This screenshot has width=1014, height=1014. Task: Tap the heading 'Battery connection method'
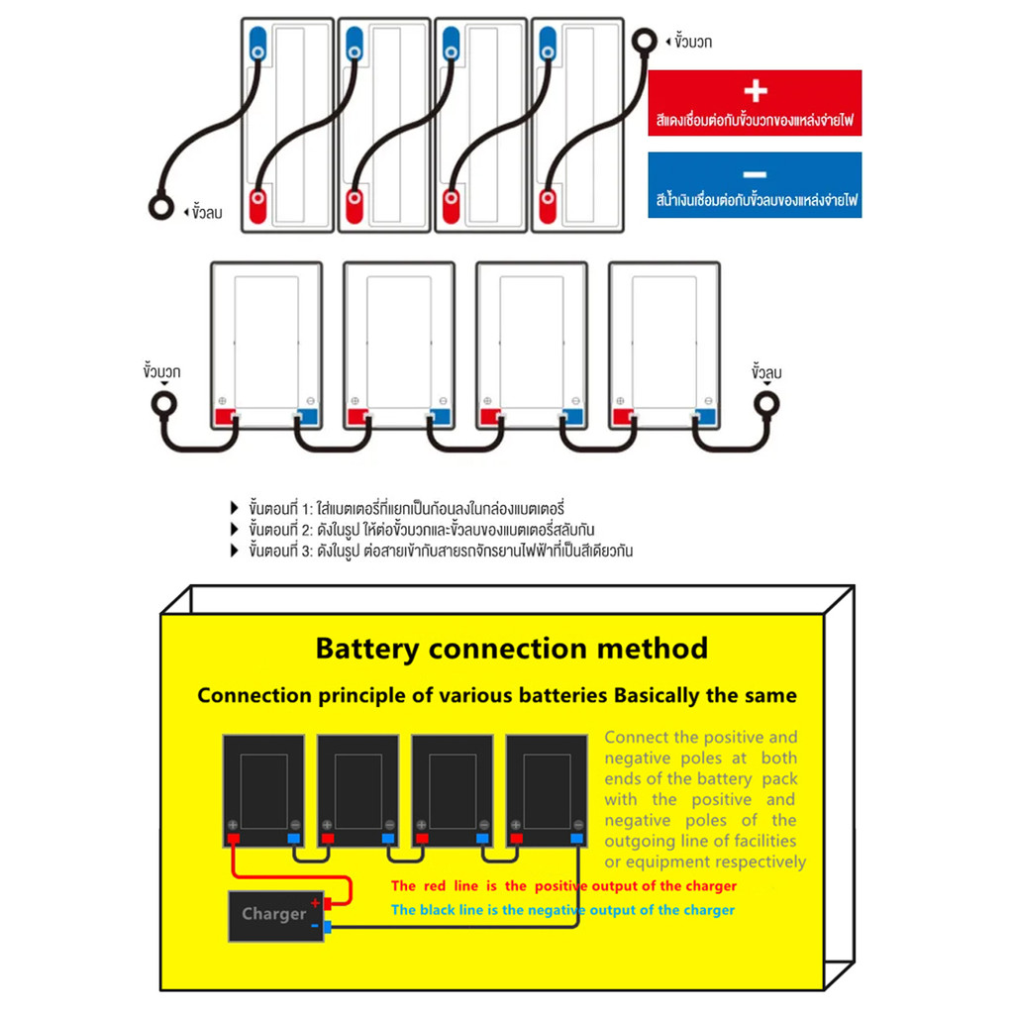click(x=511, y=649)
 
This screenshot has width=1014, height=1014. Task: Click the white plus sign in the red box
click(x=755, y=91)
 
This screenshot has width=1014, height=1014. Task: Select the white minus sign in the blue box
click(x=755, y=172)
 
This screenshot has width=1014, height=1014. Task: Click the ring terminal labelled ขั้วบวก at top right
click(x=645, y=41)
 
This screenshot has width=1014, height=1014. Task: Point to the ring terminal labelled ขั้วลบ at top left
click(x=160, y=209)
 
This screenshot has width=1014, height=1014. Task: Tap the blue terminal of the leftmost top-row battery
click(x=257, y=41)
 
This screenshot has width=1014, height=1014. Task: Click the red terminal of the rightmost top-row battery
click(x=547, y=206)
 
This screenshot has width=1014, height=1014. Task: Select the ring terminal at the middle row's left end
click(x=163, y=404)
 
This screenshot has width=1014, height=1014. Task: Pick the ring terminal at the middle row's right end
click(x=766, y=403)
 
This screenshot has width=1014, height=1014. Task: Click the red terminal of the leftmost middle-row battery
click(x=225, y=416)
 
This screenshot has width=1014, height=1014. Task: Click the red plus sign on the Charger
click(x=316, y=902)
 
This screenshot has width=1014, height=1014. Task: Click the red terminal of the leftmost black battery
click(x=234, y=840)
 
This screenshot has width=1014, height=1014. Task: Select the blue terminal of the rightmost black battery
click(x=576, y=840)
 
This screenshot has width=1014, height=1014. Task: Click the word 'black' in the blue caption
click(x=446, y=910)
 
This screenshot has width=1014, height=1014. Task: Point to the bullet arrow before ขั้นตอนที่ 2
click(x=235, y=530)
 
